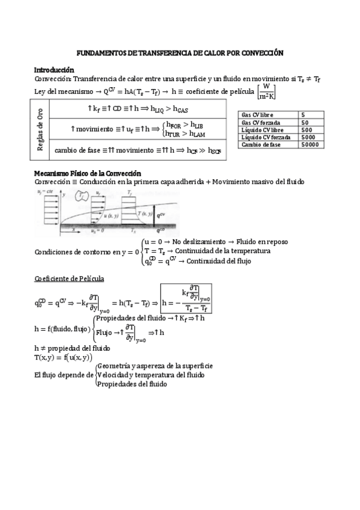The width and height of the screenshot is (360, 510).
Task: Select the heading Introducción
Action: coord(54,69)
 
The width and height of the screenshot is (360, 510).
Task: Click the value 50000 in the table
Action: coord(310,145)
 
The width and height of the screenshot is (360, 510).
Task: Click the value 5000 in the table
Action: coord(308,137)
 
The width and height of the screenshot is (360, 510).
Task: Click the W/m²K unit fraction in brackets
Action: coord(265,91)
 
